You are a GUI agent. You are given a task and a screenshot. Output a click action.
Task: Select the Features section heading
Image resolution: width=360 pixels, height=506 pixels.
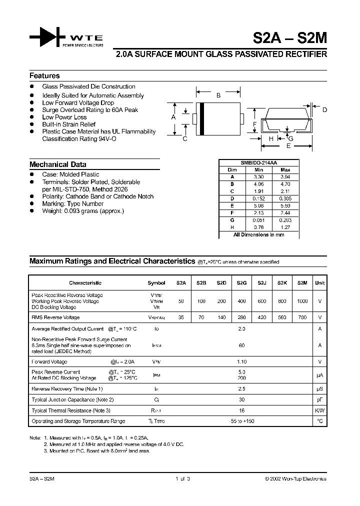click(x=44, y=76)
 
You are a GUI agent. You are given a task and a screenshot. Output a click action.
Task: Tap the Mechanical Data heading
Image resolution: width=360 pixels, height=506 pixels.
click(x=57, y=164)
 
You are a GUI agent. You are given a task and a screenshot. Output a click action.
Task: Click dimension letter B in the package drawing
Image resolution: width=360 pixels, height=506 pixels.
click(x=218, y=95)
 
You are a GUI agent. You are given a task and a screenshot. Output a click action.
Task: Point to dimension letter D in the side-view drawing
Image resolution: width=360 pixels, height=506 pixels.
click(x=324, y=110)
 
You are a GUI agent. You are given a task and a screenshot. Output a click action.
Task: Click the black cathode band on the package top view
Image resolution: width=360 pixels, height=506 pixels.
click(x=201, y=118)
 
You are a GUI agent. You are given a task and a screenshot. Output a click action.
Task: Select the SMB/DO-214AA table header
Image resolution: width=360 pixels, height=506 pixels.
click(x=258, y=163)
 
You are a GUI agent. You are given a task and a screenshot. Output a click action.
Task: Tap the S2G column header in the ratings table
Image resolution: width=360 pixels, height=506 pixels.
click(x=242, y=283)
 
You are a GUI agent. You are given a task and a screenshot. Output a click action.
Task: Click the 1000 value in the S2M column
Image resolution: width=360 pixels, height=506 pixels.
click(x=302, y=301)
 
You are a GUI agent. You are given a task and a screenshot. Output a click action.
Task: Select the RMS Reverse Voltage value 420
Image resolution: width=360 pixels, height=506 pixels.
click(x=262, y=317)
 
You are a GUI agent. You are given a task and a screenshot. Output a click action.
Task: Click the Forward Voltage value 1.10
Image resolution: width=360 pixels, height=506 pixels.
click(x=242, y=361)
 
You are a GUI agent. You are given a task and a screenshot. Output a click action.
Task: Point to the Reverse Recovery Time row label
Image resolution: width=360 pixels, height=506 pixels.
click(x=67, y=388)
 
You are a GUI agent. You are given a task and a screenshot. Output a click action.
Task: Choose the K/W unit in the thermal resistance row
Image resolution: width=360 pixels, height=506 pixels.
click(x=319, y=410)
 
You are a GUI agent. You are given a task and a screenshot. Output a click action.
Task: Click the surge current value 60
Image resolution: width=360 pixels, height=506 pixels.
click(x=242, y=345)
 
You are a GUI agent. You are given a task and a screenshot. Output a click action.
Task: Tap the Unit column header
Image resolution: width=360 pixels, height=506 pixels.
click(x=319, y=283)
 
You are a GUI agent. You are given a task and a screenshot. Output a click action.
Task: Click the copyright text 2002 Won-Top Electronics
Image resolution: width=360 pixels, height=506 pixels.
click(x=295, y=478)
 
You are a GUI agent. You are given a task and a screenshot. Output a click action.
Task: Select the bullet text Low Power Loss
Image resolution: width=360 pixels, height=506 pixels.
click(x=64, y=117)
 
